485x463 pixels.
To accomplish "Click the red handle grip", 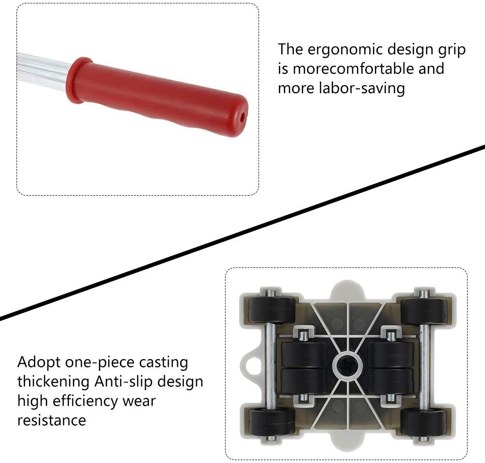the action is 157,97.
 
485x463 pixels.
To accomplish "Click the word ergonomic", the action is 344,50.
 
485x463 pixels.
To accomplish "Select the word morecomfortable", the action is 353,69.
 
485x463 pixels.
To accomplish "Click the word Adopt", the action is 39,363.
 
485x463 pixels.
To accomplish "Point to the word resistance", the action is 52,420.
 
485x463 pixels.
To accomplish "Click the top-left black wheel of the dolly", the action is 272,310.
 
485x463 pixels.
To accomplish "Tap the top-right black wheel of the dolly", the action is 424,311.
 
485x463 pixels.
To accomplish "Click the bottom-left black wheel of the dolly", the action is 272,422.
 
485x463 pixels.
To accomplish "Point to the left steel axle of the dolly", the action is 271,365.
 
